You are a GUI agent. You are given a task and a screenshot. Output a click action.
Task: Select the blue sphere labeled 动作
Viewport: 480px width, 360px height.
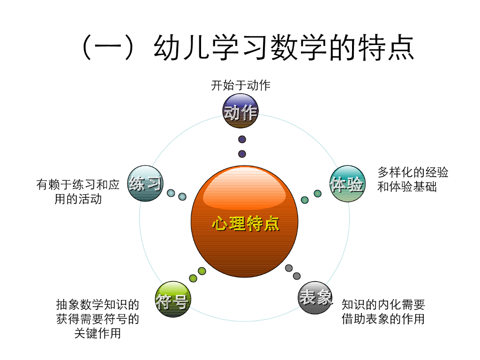click(x=240, y=111)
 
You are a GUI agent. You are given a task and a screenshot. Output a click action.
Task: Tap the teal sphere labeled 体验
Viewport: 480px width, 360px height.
click(x=347, y=184)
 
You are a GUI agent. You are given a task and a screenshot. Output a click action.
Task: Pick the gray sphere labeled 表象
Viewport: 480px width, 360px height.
click(x=315, y=297)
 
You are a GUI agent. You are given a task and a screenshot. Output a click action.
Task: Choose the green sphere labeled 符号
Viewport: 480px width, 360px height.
click(x=172, y=300)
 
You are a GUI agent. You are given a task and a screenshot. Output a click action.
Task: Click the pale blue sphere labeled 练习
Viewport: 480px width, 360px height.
click(x=145, y=183)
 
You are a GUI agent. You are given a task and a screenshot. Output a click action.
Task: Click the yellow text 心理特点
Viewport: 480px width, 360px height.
click(x=246, y=224)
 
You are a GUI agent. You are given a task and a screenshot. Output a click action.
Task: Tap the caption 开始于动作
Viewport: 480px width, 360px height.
click(x=240, y=85)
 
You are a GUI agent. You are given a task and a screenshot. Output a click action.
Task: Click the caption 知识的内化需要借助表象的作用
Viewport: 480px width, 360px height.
click(x=383, y=312)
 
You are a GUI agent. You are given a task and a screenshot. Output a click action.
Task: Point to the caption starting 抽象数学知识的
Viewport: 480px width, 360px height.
click(x=97, y=319)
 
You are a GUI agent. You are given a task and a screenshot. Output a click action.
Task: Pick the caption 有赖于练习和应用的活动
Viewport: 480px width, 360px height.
click(x=78, y=192)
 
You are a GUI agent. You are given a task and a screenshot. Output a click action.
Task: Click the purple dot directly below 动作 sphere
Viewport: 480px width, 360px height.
click(x=242, y=139)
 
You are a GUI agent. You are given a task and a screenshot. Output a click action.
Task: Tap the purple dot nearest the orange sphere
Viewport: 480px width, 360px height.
click(x=242, y=154)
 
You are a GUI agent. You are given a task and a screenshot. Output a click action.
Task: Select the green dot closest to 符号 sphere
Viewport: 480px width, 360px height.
click(x=193, y=278)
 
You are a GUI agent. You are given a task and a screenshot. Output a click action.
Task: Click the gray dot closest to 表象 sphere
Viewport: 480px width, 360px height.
click(x=297, y=276)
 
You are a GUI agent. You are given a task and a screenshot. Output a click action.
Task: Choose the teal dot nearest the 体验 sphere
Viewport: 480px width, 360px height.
click(x=317, y=194)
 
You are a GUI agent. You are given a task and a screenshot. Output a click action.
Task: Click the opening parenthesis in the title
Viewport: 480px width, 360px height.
click(x=89, y=48)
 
